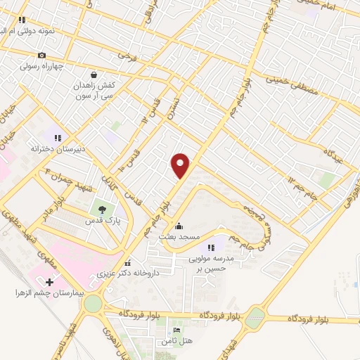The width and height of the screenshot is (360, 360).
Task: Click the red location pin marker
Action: click(181, 165)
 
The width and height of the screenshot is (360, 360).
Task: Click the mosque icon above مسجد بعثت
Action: click(179, 226)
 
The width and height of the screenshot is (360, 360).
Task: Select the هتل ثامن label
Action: click(176, 340)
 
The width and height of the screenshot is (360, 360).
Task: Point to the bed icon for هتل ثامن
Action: click(176, 330)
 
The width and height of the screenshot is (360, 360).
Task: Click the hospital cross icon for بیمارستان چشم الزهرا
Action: click(48, 282)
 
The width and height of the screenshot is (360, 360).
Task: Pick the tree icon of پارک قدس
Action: click(103, 210)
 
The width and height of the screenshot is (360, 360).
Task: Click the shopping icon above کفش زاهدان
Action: click(94, 75)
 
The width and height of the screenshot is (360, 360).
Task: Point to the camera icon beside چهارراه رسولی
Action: click(41, 56)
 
